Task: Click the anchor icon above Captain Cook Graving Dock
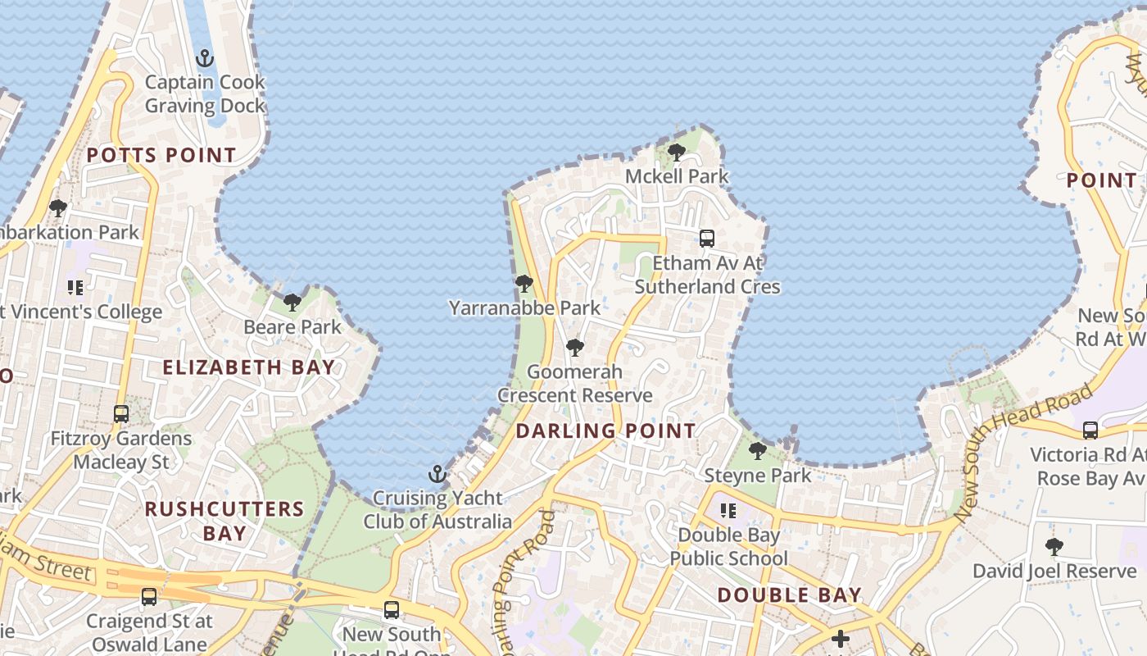tap(205, 58)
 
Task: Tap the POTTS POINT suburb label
tap(161, 155)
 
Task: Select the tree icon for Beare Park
tap(292, 303)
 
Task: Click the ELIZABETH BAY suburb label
tap(249, 367)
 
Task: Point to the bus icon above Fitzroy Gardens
tap(121, 414)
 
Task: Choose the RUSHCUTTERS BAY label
tap(224, 521)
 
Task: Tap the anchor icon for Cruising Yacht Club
tap(437, 474)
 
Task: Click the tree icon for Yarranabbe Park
tap(524, 284)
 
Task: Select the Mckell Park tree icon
tap(677, 152)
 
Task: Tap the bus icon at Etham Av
tap(707, 239)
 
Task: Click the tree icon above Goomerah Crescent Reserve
tap(575, 348)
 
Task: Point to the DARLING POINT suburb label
tap(605, 430)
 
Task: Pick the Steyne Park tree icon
tap(758, 450)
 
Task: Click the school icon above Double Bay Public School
tap(728, 511)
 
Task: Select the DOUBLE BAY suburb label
tap(790, 595)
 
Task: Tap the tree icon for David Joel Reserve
tap(1054, 546)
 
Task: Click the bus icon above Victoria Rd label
tap(1090, 430)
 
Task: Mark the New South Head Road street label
tap(1024, 451)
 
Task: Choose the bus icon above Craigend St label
tap(149, 597)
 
